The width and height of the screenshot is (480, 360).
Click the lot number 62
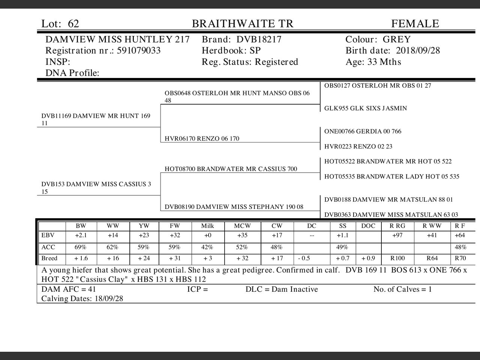point(73,24)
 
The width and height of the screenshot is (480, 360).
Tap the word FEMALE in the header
point(415,24)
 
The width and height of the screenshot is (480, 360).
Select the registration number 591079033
point(139,51)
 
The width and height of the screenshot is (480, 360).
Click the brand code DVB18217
point(259,40)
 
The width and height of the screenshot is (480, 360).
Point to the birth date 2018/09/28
point(418,51)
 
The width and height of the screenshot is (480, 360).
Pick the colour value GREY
point(396,40)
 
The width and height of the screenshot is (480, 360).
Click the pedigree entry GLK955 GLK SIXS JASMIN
point(365,108)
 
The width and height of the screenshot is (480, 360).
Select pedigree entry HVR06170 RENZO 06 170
point(202,139)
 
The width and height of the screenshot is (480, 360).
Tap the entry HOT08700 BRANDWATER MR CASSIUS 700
point(231,169)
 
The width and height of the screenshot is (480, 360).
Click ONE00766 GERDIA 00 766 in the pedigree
point(363,131)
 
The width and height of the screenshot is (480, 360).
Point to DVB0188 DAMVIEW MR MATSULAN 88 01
point(388,199)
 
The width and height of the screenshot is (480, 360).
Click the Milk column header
point(207,226)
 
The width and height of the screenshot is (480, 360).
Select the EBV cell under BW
point(81,235)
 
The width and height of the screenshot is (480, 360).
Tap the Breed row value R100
point(397,258)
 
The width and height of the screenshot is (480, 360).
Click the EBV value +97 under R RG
point(397,235)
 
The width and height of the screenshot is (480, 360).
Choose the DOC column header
point(368,226)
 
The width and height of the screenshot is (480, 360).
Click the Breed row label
point(49,258)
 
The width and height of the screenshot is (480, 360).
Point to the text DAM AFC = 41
point(69,289)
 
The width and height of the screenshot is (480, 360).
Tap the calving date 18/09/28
point(109,299)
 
